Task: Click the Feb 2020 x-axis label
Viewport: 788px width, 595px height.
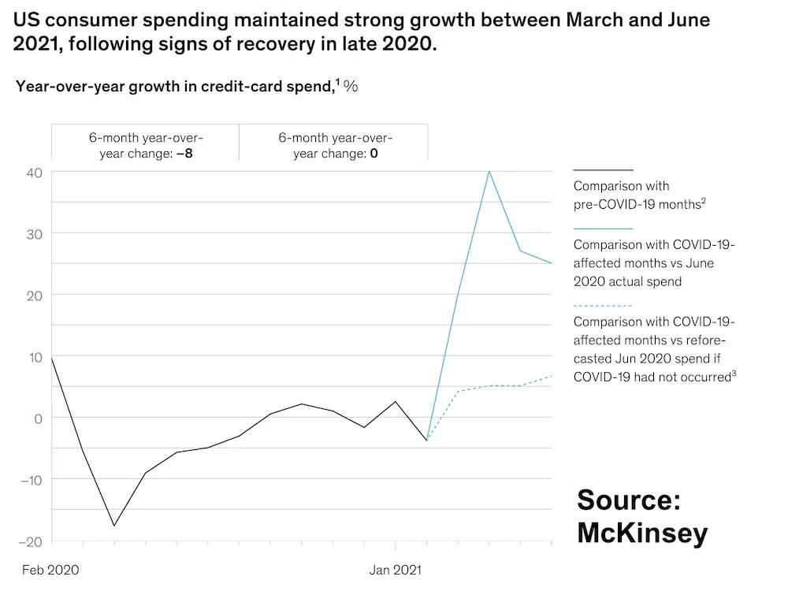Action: pyautogui.click(x=50, y=569)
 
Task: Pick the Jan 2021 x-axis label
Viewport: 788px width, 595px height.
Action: pyautogui.click(x=396, y=569)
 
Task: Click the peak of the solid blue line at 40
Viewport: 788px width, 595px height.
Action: pyautogui.click(x=489, y=171)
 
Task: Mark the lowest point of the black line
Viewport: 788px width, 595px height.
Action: pyautogui.click(x=114, y=526)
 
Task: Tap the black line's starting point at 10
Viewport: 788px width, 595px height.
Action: pyautogui.click(x=52, y=357)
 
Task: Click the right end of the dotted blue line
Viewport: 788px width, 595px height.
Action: pyautogui.click(x=552, y=376)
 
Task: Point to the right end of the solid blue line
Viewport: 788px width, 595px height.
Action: pyautogui.click(x=552, y=263)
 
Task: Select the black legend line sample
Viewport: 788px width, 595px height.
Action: pyautogui.click(x=603, y=169)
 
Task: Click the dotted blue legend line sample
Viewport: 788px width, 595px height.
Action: pyautogui.click(x=603, y=305)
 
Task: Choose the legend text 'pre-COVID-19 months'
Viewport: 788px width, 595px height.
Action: pyautogui.click(x=636, y=204)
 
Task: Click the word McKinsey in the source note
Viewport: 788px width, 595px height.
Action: pyautogui.click(x=641, y=533)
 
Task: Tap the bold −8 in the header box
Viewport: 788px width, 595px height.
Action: pyautogui.click(x=184, y=153)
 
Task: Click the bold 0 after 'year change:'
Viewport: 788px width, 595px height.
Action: pyautogui.click(x=374, y=153)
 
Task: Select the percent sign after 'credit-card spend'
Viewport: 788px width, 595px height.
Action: pyautogui.click(x=351, y=86)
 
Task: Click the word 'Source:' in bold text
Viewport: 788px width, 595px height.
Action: pyautogui.click(x=628, y=500)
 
